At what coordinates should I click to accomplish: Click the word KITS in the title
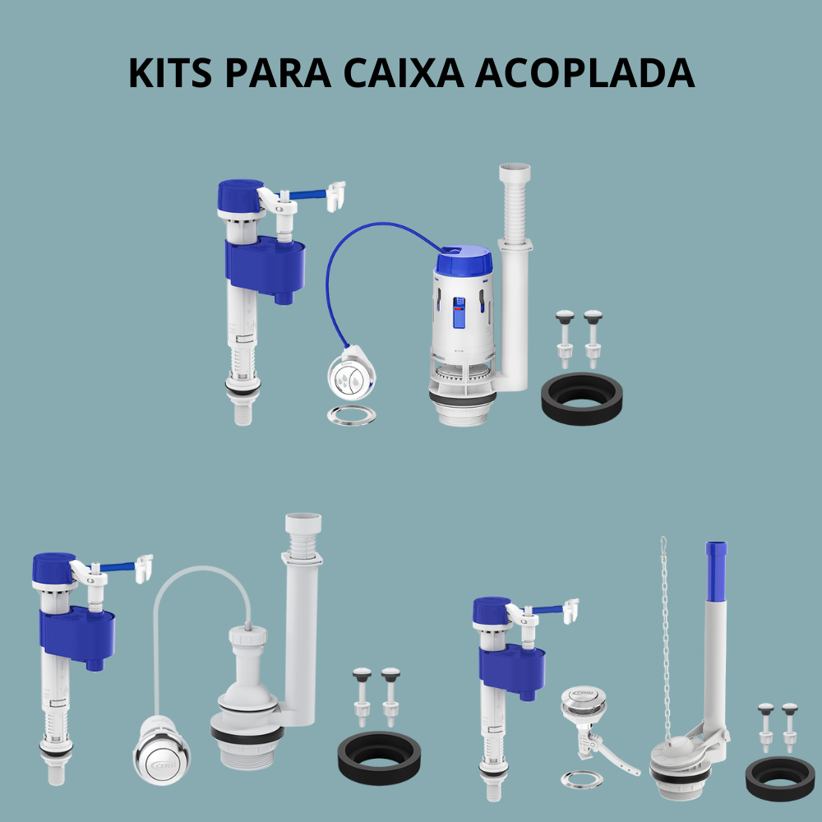[x=170, y=72]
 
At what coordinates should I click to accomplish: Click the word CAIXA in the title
[x=404, y=72]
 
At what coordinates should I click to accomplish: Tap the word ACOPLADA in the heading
[x=584, y=72]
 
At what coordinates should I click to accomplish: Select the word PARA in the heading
[x=278, y=72]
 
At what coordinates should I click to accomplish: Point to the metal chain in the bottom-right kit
[x=666, y=640]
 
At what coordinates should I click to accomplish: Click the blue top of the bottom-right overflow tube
[x=716, y=571]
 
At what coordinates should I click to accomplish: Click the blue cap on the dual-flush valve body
[x=464, y=261]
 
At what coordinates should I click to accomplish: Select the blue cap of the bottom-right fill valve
[x=492, y=611]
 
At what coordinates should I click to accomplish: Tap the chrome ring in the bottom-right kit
[x=582, y=779]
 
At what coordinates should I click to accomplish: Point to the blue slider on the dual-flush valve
[x=459, y=312]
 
